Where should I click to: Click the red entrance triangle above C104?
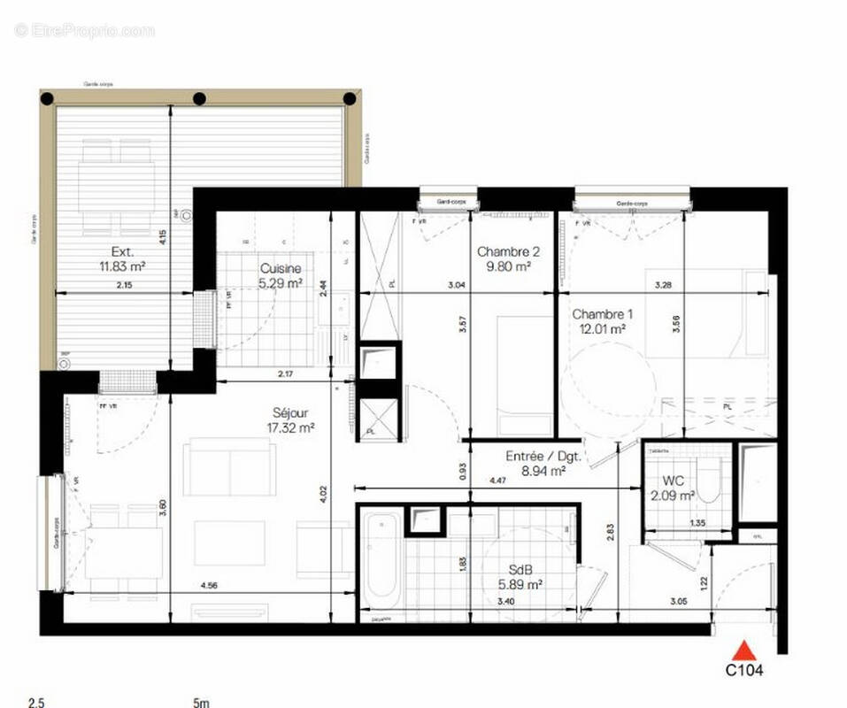745,650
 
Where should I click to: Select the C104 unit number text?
744,671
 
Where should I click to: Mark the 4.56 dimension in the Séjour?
209,585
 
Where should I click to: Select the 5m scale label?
201,703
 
